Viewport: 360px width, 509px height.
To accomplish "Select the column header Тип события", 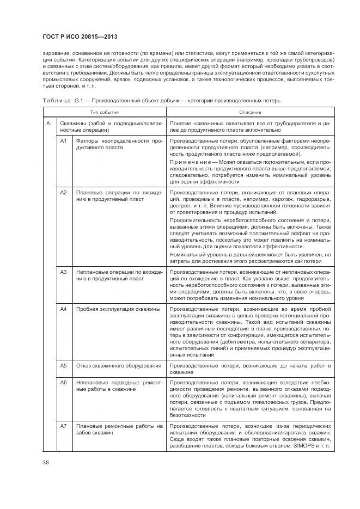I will click(x=103, y=112).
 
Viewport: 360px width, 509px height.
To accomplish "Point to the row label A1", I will click(x=63, y=141).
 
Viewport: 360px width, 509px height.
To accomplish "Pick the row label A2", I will click(x=63, y=193).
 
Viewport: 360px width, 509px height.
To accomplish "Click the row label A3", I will click(x=63, y=271).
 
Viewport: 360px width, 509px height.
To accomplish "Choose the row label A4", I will click(x=63, y=309).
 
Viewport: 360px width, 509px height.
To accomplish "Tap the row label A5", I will click(x=63, y=365).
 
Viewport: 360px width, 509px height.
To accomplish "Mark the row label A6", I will click(x=63, y=383).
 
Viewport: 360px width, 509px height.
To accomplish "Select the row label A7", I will click(x=63, y=425).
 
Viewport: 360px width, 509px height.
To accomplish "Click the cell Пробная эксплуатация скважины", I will click(x=118, y=309).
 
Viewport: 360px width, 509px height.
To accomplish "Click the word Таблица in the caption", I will click(x=53, y=101).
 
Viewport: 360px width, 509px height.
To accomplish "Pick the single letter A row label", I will click(x=48, y=124).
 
